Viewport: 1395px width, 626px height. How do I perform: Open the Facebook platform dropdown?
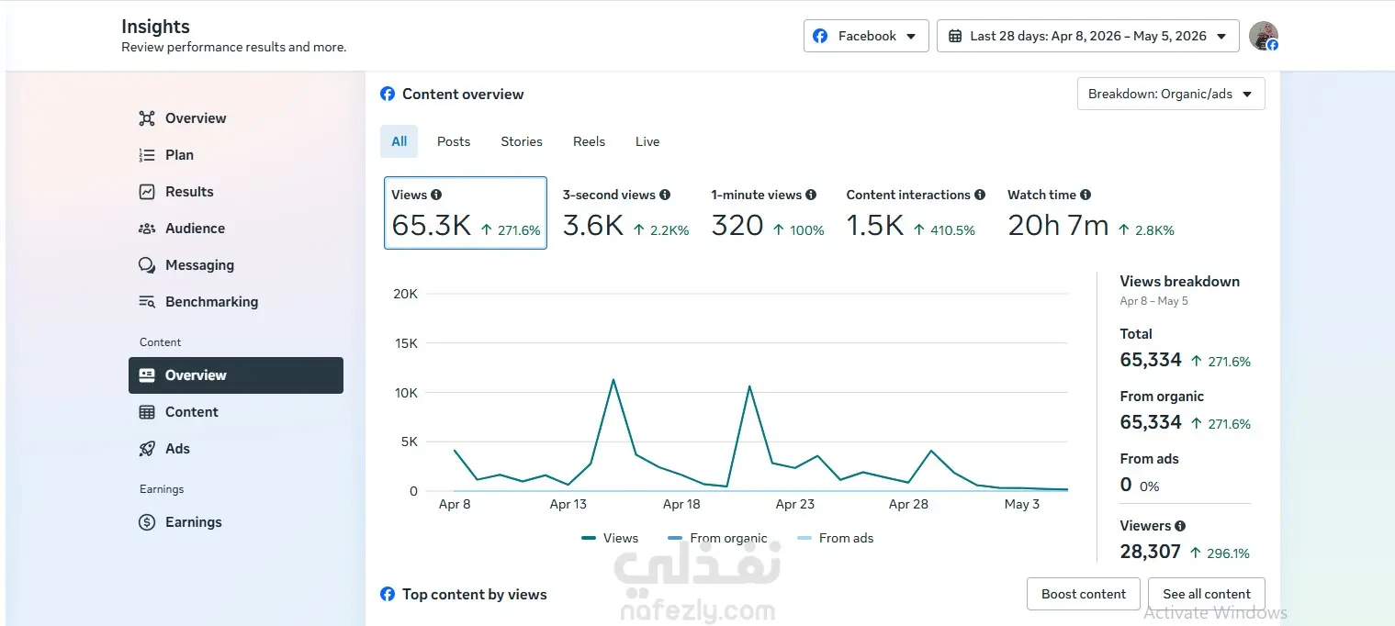pyautogui.click(x=866, y=36)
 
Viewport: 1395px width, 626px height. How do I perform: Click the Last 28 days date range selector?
pyautogui.click(x=1087, y=36)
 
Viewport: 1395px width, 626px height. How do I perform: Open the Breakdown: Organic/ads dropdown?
pyautogui.click(x=1171, y=94)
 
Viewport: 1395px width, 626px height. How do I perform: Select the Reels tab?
pyautogui.click(x=589, y=142)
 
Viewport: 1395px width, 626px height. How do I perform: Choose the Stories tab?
pyautogui.click(x=522, y=142)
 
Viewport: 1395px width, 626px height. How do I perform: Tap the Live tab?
pyautogui.click(x=647, y=142)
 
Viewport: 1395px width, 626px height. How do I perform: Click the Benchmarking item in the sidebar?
pyautogui.click(x=211, y=302)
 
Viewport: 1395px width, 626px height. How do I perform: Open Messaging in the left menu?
pyautogui.click(x=199, y=265)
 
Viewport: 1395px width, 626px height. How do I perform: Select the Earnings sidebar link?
pyautogui.click(x=193, y=522)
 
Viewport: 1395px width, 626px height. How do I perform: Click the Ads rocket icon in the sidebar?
pyautogui.click(x=147, y=449)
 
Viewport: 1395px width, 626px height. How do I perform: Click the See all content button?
pyautogui.click(x=1207, y=594)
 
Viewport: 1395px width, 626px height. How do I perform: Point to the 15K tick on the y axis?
pyautogui.click(x=406, y=343)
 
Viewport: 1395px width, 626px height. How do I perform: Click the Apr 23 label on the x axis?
pyautogui.click(x=794, y=504)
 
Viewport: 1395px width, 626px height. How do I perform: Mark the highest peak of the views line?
pyautogui.click(x=613, y=380)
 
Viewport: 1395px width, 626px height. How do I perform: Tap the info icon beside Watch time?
pyautogui.click(x=1086, y=195)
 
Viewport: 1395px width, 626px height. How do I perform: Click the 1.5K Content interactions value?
pyautogui.click(x=874, y=225)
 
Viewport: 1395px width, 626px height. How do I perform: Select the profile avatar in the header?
pyautogui.click(x=1264, y=36)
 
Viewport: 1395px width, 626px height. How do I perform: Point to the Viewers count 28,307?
pyautogui.click(x=1150, y=552)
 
